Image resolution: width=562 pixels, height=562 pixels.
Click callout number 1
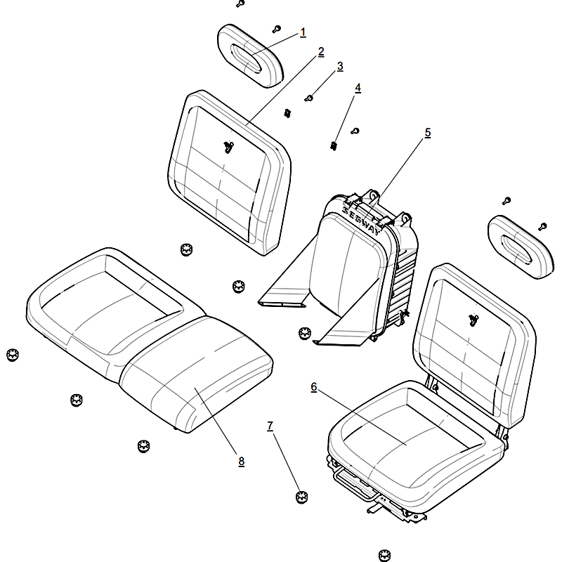[303, 32]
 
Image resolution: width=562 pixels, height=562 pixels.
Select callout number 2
[321, 52]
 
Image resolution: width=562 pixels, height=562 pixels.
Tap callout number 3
[340, 66]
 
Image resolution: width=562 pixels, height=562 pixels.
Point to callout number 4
[358, 89]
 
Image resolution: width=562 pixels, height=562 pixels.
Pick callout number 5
[428, 133]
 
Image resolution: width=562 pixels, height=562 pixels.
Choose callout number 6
[314, 387]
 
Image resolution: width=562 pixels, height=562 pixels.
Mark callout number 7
[270, 426]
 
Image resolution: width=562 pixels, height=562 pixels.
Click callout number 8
[241, 462]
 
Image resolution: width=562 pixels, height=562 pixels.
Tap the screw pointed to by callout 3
[308, 98]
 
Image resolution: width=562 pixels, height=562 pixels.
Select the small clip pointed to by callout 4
[333, 146]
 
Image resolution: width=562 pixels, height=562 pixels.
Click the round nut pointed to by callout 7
[302, 497]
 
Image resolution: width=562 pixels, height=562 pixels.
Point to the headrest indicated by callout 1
[251, 55]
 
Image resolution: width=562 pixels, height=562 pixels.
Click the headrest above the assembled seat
[521, 247]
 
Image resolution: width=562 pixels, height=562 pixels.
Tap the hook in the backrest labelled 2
[228, 147]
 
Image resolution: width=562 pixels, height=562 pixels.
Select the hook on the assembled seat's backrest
[473, 320]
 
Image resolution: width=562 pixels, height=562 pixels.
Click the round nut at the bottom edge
[384, 555]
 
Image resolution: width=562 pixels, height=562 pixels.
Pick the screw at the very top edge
[240, 4]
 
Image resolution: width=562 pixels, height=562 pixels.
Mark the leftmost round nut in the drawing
[13, 355]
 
